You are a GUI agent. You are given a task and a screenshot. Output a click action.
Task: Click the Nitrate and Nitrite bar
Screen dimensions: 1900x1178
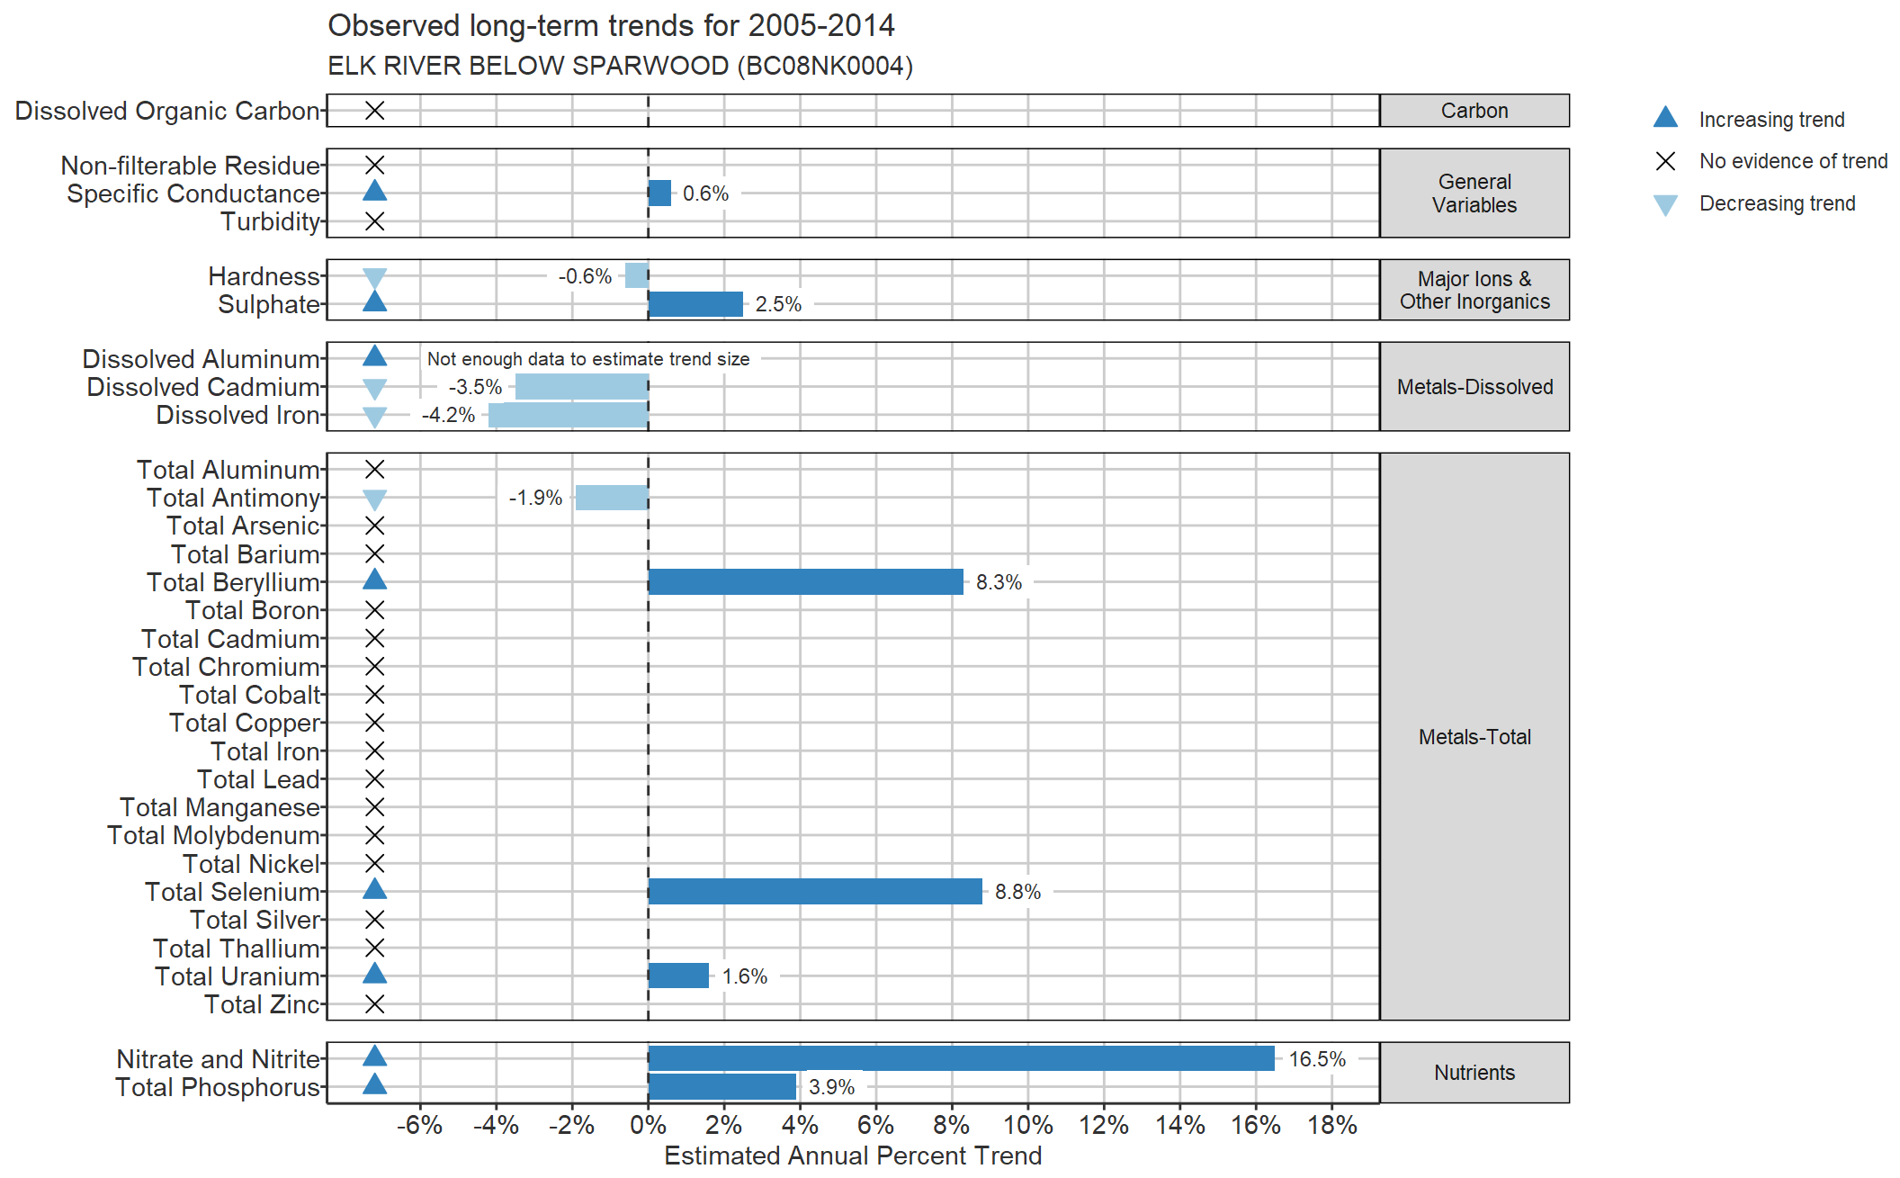pos(961,1058)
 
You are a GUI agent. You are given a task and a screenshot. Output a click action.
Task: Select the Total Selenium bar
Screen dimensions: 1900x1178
pos(815,891)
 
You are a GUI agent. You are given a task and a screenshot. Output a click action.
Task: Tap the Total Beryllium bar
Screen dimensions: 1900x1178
pos(805,581)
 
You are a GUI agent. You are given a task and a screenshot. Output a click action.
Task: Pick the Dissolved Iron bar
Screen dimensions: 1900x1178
pos(569,415)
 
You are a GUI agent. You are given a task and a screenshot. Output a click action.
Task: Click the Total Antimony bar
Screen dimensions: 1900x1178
pos(612,497)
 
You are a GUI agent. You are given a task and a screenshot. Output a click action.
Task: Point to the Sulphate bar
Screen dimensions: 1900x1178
pos(695,304)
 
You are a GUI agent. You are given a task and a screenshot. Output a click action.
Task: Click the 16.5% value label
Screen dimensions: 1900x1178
pos(1317,1059)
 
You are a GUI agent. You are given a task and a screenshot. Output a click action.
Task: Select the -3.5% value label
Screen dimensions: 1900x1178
pos(475,387)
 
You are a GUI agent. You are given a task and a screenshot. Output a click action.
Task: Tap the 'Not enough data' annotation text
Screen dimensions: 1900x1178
pos(588,359)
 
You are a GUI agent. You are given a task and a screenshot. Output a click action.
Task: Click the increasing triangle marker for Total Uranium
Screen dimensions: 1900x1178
pos(374,973)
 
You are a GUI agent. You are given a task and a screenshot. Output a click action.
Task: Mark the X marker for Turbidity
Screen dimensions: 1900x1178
pos(374,221)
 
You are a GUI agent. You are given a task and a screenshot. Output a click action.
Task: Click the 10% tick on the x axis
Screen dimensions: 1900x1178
pos(1028,1125)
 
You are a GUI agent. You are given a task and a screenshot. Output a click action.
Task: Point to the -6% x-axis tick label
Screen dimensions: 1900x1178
pos(419,1125)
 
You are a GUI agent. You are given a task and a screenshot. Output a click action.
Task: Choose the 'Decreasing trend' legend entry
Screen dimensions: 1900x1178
pos(1754,203)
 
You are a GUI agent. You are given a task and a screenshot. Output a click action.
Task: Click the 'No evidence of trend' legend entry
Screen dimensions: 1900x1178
pos(1770,161)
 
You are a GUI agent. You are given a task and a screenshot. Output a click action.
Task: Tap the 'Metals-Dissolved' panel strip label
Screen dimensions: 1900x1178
pos(1474,387)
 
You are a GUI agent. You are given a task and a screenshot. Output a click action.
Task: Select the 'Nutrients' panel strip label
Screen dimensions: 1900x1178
pos(1474,1073)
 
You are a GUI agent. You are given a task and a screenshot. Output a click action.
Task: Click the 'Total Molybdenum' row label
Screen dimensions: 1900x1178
pos(213,835)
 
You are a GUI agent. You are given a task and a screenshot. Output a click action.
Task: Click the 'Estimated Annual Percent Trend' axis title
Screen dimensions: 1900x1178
pos(853,1156)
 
